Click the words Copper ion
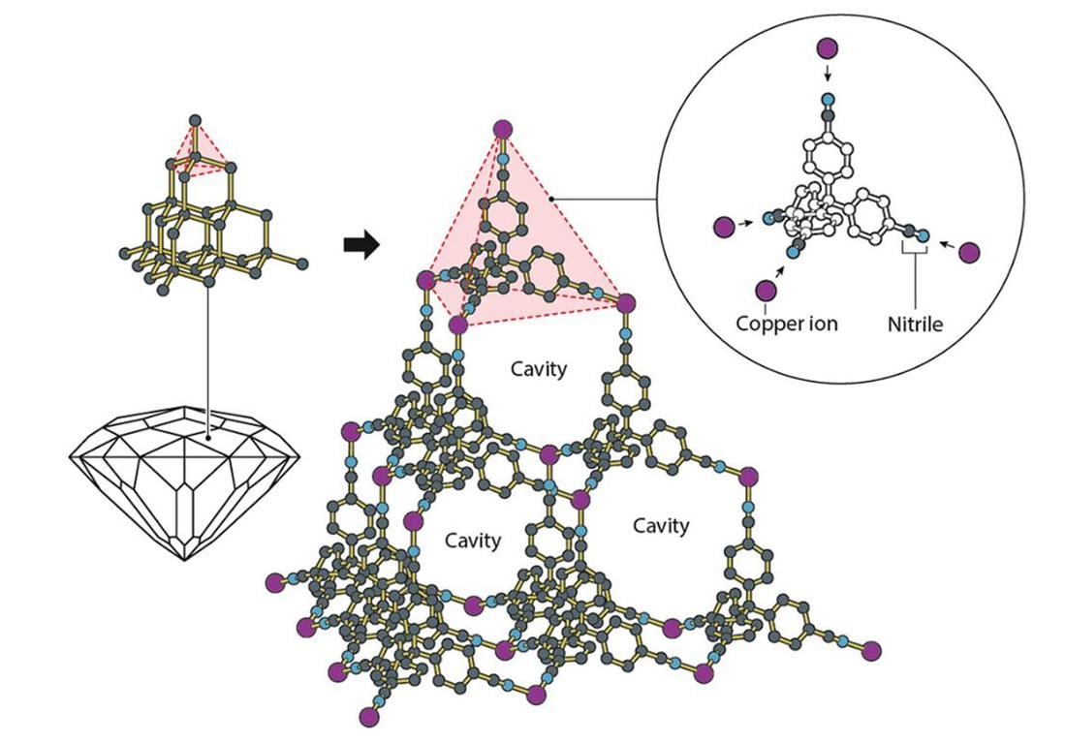point(786,324)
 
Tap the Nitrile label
point(916,324)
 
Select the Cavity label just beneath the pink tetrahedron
point(538,369)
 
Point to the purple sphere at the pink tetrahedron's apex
point(503,129)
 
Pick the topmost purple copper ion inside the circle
point(827,47)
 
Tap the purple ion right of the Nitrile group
point(971,253)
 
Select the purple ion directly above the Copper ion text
point(767,290)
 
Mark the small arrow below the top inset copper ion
point(827,75)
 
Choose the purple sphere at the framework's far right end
point(871,650)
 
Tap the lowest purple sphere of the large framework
point(368,718)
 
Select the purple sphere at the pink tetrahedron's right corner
point(626,304)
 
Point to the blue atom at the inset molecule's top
point(827,99)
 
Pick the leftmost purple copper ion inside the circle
point(722,226)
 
